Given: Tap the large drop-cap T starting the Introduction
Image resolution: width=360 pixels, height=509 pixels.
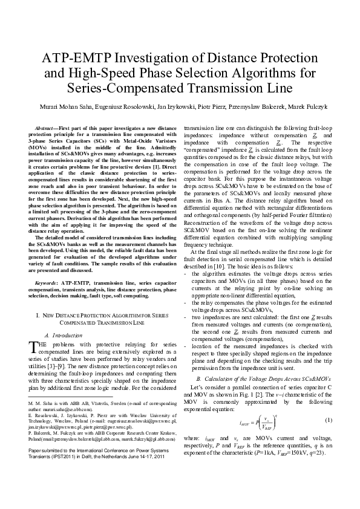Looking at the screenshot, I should click(x=34, y=346).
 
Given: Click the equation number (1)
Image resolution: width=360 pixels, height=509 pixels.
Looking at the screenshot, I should click(x=327, y=420).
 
